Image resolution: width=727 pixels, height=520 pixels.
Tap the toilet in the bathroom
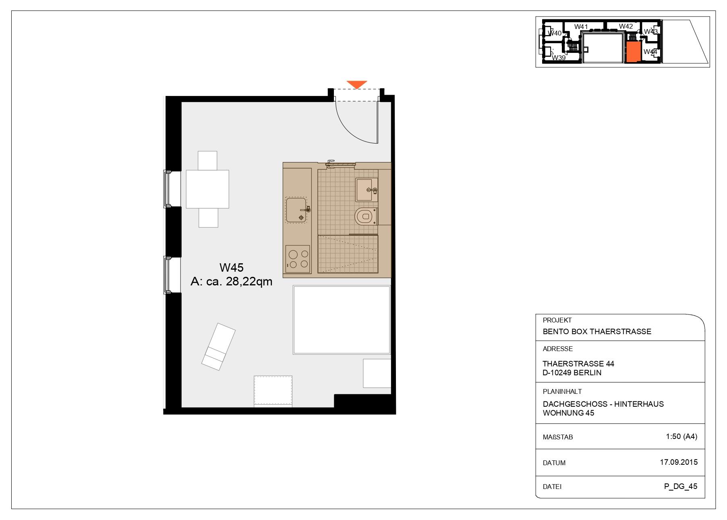[x=365, y=216]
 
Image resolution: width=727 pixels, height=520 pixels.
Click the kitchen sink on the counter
[x=296, y=210]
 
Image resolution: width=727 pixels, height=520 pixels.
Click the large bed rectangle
[x=342, y=320]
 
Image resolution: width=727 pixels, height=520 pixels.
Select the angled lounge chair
[x=218, y=346]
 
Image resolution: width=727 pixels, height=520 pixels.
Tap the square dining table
[x=207, y=189]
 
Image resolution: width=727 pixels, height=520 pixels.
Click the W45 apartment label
[x=231, y=268]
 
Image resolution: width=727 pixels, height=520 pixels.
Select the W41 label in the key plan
[x=581, y=27]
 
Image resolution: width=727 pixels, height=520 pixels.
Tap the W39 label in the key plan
[x=558, y=58]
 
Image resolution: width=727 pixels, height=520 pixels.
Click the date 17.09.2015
[x=678, y=462]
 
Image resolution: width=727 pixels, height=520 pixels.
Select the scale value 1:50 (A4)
[x=681, y=436]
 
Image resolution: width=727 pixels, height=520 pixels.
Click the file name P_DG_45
[x=681, y=486]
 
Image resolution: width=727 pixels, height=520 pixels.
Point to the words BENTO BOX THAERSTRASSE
[x=597, y=332]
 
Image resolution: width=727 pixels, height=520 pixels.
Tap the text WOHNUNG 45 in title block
[x=568, y=413]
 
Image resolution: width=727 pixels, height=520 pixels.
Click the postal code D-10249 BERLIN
[x=572, y=373]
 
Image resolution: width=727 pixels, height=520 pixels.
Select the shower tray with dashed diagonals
[x=348, y=254]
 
